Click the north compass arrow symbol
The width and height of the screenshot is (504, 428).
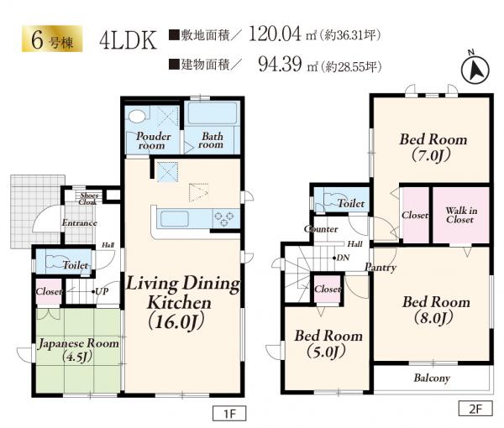[x=475, y=69]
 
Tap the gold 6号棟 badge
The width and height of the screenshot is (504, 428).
[x=52, y=39]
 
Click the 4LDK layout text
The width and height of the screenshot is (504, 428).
[x=128, y=40]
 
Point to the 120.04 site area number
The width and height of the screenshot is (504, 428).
[x=276, y=34]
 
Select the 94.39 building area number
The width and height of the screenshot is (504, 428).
[x=280, y=64]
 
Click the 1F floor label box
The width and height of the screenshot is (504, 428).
[x=229, y=413]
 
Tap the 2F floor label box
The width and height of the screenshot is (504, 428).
[x=475, y=409]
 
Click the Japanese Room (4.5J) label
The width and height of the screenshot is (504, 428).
[x=78, y=350]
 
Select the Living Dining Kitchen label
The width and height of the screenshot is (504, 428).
[x=182, y=302]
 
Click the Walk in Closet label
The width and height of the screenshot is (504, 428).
[x=461, y=215]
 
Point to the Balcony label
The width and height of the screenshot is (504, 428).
[x=432, y=378]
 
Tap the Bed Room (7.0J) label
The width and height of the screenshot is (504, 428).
[x=433, y=148]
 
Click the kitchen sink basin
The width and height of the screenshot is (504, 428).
[x=175, y=218]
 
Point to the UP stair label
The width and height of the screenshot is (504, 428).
[x=102, y=291]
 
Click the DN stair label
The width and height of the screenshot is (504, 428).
[x=341, y=258]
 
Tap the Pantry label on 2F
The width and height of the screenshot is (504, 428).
[x=381, y=268]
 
